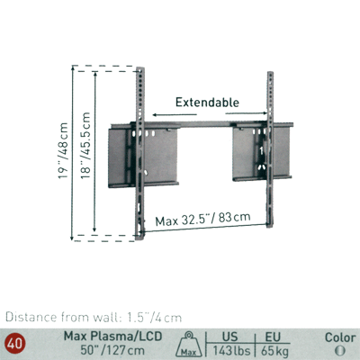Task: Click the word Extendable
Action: click(207, 103)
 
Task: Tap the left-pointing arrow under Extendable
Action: click(175, 114)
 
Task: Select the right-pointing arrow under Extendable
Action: click(246, 113)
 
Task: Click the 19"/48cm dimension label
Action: click(64, 150)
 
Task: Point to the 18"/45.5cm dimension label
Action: click(85, 146)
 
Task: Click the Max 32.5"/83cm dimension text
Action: click(202, 220)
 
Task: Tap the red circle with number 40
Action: click(14, 343)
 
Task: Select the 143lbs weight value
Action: click(231, 350)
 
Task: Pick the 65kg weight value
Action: click(274, 350)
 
